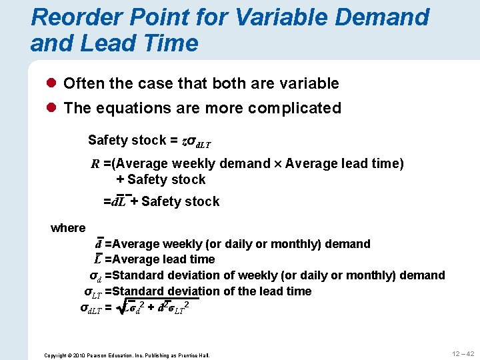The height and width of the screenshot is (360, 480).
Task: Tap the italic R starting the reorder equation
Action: coord(95,164)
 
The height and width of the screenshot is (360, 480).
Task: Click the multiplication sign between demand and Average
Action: coord(277,165)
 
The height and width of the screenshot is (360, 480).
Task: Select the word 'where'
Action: coord(68,228)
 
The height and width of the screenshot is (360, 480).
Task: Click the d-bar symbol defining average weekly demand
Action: coord(99,244)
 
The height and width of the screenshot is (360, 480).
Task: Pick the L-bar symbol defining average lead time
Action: coord(98,259)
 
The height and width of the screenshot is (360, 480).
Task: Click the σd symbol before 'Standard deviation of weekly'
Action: coord(95,275)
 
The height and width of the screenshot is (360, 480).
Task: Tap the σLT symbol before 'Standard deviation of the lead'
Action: coord(93,291)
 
